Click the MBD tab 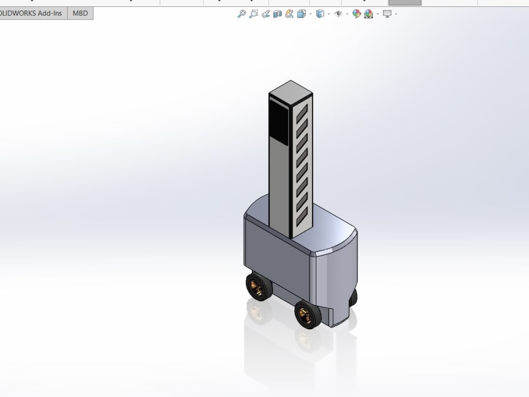point(80,13)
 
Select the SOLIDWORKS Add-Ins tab point(33,13)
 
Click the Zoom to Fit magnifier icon point(241,14)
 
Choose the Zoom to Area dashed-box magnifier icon point(253,14)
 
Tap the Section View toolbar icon point(277,14)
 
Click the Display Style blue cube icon point(320,14)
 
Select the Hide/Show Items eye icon point(339,14)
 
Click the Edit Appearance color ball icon point(357,14)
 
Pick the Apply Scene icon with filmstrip point(368,14)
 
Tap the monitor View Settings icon point(387,14)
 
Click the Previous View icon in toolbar point(266,14)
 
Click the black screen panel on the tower point(278,122)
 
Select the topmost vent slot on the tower point(302,112)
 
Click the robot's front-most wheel point(307,314)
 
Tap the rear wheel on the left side point(258,287)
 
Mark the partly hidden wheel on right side point(353,297)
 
